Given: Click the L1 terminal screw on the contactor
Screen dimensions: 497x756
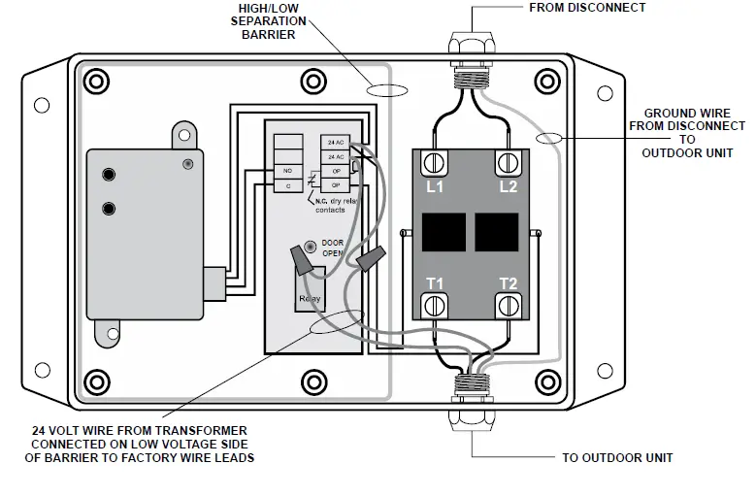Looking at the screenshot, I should point(435,162).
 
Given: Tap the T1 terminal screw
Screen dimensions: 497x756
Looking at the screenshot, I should point(435,306).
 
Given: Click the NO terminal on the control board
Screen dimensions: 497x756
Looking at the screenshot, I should point(287,171).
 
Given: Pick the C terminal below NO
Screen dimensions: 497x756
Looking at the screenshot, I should point(287,184).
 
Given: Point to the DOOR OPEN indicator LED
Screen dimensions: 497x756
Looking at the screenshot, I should point(310,247).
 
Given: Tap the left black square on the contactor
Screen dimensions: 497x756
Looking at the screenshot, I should point(441,234).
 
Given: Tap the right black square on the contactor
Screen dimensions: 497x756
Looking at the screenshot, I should point(496,234).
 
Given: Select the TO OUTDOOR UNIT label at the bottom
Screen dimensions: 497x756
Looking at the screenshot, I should point(617,457).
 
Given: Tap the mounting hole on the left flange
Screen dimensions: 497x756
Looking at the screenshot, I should point(42,105).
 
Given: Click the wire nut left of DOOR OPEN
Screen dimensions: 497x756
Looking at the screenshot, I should point(304,260).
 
